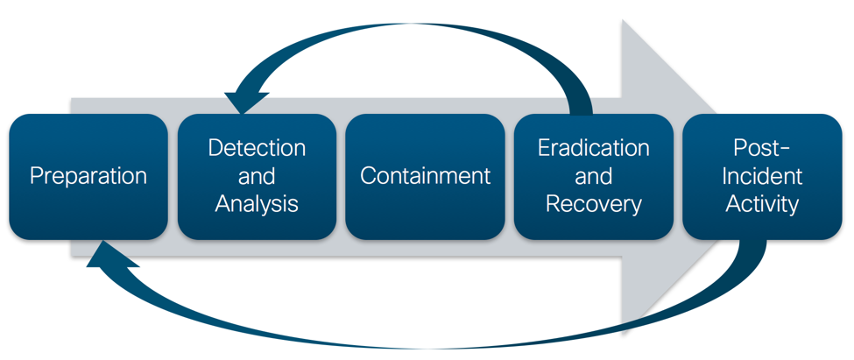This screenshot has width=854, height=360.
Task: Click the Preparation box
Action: pos(88,176)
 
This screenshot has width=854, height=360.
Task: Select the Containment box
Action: pos(426,176)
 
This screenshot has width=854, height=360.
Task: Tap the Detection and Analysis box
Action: pos(257,176)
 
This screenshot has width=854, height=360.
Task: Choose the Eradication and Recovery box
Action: pos(594,176)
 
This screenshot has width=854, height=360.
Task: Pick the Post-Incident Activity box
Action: pos(762,176)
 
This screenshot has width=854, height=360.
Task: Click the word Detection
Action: pos(257,147)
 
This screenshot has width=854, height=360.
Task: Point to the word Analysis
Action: pos(257,204)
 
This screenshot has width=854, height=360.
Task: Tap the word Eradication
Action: pos(594,147)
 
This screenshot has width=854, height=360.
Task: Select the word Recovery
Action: pos(594,204)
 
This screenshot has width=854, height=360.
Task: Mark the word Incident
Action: pos(762,176)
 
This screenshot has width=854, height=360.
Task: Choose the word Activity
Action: pos(762,204)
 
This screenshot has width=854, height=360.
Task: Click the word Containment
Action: pos(426,175)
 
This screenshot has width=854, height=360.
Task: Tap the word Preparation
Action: pos(88,175)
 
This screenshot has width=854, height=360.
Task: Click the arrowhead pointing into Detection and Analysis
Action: pos(241,102)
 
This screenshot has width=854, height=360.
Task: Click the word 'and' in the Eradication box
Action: pos(594,176)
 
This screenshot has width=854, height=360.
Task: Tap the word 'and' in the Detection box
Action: pos(257,176)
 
